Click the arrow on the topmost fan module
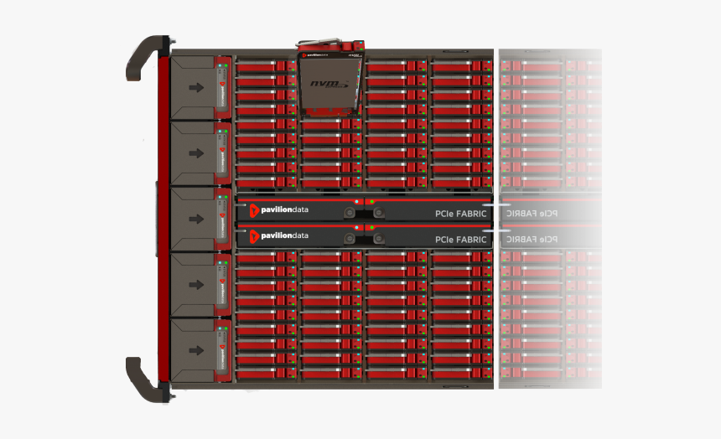(x=196, y=87)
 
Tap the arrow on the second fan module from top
(x=196, y=153)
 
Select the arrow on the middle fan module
(x=196, y=219)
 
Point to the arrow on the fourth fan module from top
(x=196, y=285)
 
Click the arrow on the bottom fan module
(x=196, y=350)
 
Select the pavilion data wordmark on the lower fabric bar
(x=284, y=235)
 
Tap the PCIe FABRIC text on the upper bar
(x=460, y=214)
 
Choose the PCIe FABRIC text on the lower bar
(x=460, y=240)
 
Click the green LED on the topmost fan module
(x=219, y=64)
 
